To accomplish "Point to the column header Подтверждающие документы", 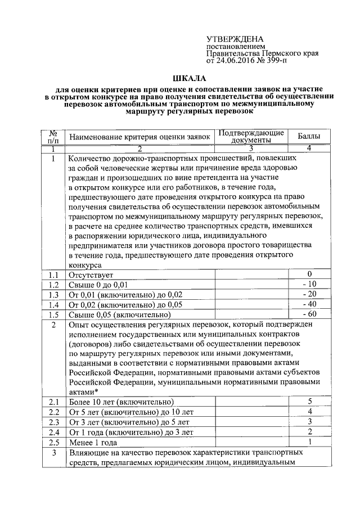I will point(251,136).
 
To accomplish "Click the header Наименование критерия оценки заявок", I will point(139,136).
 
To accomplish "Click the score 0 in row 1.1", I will point(309,274).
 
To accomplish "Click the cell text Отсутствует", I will point(88,274).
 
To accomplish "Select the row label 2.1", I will point(54,402).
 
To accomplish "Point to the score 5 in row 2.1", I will point(309,401).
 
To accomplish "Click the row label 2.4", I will point(54,432).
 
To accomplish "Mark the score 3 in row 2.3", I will point(309,421).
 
